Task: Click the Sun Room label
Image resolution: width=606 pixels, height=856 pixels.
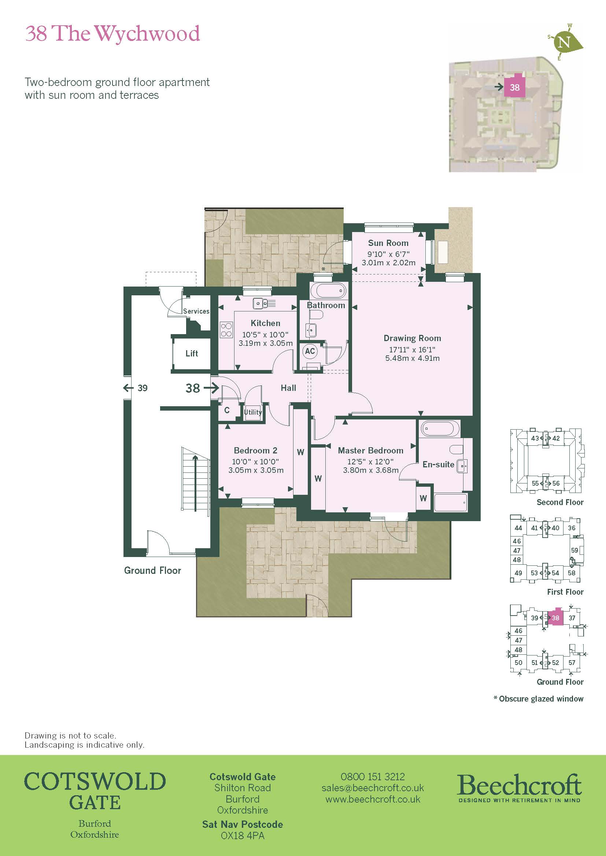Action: pos(388,243)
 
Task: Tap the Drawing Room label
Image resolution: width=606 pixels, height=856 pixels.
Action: pos(412,338)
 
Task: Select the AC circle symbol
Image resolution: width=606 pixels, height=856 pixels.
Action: pos(310,351)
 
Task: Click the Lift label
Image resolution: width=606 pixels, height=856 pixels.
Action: pos(192,354)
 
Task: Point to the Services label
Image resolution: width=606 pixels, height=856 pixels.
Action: pos(196,311)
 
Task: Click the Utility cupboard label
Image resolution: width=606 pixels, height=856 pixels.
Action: pos(253,412)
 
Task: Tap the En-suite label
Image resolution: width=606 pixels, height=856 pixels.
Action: pos(439,464)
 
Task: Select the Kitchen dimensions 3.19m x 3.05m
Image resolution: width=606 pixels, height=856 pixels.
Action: pos(266,343)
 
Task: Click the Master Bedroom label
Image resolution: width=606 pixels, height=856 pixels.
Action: pos(370,451)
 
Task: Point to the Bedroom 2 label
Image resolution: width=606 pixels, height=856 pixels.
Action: pos(256,451)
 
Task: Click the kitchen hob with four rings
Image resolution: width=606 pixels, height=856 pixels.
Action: pos(226,330)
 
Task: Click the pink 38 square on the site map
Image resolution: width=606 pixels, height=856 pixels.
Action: pos(514,87)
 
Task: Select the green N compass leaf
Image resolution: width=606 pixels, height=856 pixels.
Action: pos(566,42)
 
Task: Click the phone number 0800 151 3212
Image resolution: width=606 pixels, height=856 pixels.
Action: pos(372,777)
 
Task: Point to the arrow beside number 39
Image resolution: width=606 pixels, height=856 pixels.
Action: pos(128,388)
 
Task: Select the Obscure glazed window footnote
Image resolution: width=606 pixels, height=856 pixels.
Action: pos(539,699)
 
